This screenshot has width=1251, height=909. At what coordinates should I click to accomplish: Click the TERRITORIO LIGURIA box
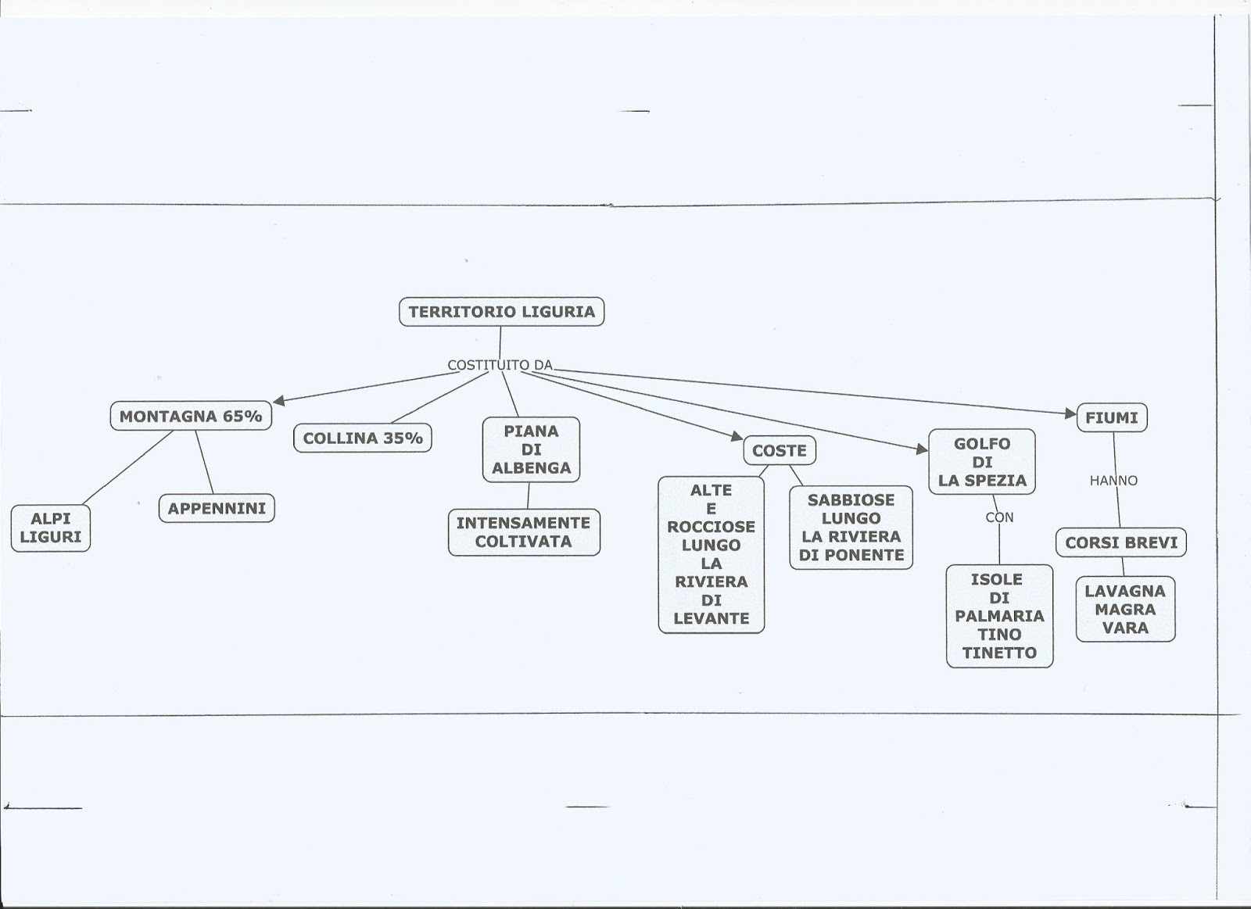501,312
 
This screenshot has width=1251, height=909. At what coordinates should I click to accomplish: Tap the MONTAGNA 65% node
191,417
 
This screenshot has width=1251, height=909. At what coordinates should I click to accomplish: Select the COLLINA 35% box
363,438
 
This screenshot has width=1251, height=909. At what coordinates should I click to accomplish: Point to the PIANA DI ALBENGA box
531,449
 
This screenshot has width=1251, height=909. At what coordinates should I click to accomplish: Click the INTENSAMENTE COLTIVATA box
524,532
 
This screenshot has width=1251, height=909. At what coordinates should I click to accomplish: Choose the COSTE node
779,451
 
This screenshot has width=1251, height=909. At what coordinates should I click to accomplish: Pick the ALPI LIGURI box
51,528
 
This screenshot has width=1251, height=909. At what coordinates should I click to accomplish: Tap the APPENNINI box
217,509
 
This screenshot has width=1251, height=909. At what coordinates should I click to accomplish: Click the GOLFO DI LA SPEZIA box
982,462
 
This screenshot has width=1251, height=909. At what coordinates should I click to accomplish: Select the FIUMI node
1112,418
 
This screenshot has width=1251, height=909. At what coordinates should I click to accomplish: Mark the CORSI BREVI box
1121,542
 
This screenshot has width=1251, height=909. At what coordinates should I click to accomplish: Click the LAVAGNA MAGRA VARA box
1125,609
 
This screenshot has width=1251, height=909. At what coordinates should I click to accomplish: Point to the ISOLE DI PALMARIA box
999,616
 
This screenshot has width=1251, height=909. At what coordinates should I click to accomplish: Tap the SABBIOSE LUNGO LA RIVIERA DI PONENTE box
851,528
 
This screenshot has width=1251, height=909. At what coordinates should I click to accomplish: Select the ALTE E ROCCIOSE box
711,554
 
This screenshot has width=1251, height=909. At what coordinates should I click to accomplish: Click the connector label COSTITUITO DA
500,365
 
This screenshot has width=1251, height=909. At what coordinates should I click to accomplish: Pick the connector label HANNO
1113,481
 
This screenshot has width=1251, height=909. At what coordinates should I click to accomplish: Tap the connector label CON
999,517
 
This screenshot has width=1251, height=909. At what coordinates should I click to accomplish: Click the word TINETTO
999,653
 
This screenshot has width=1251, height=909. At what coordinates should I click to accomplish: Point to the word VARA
1125,628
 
